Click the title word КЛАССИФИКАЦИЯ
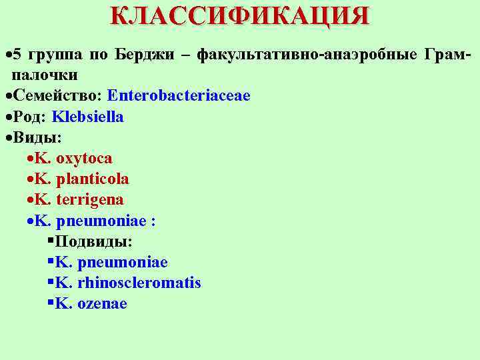[239, 15]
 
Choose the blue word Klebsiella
[87, 117]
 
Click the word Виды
[36, 138]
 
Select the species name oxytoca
[84, 159]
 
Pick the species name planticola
[93, 179]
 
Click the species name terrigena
[90, 200]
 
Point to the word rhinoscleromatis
[139, 283]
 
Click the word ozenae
[102, 304]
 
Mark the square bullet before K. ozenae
[51, 303]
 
